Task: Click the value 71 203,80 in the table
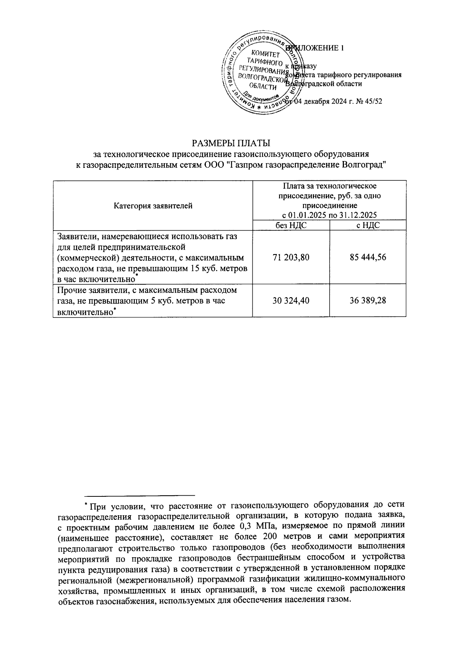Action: point(291,257)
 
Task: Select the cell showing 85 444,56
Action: point(368,257)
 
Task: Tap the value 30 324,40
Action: point(291,300)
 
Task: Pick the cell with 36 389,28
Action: point(368,300)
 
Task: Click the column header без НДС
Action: point(291,226)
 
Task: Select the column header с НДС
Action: point(368,226)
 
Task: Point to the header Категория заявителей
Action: point(153,206)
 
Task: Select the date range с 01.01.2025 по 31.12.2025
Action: point(330,215)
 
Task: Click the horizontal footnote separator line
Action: point(140,495)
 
